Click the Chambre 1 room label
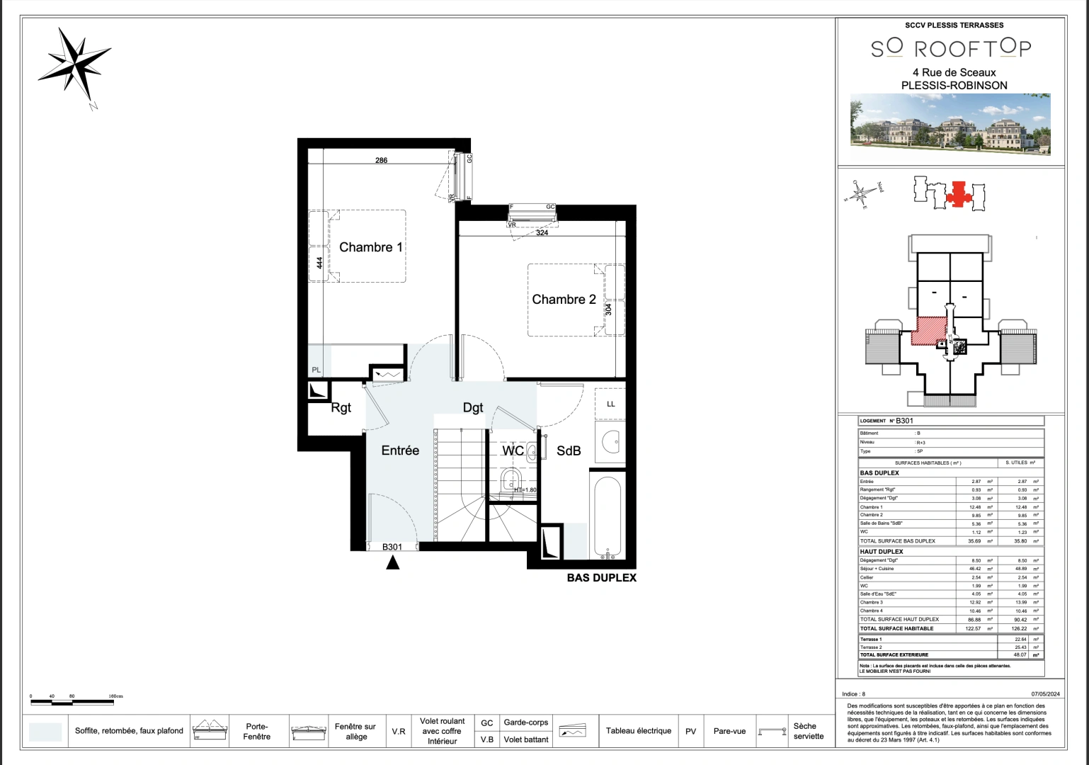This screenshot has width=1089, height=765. [x=370, y=247]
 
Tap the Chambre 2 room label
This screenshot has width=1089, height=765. [x=564, y=300]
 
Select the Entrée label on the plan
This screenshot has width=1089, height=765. [x=400, y=450]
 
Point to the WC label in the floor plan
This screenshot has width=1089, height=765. [x=513, y=451]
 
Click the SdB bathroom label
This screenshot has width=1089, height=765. [x=569, y=451]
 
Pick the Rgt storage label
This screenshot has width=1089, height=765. [x=341, y=408]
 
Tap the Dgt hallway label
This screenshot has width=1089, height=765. [x=473, y=407]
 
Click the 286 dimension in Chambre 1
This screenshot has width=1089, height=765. [x=381, y=160]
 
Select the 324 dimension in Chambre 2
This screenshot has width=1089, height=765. [x=542, y=232]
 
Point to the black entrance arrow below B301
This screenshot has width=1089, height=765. [x=392, y=563]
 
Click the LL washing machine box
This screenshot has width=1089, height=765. [x=610, y=404]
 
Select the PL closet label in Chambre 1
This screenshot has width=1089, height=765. [x=317, y=370]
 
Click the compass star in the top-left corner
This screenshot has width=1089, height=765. [x=73, y=64]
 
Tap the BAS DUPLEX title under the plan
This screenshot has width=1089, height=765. [x=601, y=578]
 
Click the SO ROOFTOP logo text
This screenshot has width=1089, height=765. [x=951, y=48]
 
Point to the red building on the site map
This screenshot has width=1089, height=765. [x=959, y=193]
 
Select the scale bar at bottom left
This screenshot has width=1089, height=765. [x=62, y=703]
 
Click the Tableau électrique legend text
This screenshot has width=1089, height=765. [x=638, y=731]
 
